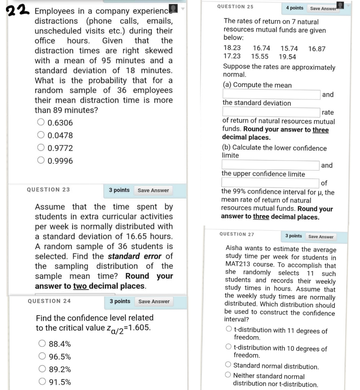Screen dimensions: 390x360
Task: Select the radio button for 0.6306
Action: (x=41, y=122)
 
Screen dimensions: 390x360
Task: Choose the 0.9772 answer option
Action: (x=41, y=148)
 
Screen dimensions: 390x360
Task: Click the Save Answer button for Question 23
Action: (x=153, y=190)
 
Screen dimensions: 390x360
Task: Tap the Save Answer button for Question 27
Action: (x=321, y=237)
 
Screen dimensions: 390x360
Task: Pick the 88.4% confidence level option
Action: (x=42, y=343)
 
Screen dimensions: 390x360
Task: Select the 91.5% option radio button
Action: (x=42, y=381)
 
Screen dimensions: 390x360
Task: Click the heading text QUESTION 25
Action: (x=235, y=7)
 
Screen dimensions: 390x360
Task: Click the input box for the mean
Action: (x=271, y=94)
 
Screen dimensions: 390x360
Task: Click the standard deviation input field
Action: (x=271, y=112)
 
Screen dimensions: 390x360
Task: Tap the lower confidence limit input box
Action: (x=271, y=165)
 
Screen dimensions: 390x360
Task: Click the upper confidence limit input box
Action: (x=271, y=183)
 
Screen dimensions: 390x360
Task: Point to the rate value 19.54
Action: (x=287, y=57)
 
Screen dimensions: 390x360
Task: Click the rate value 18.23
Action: (x=232, y=48)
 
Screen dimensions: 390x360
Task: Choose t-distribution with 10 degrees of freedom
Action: (x=229, y=347)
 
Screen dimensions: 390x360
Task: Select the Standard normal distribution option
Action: (x=229, y=365)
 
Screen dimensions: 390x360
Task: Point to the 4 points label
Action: (x=294, y=8)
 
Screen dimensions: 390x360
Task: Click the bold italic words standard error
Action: (x=136, y=256)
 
